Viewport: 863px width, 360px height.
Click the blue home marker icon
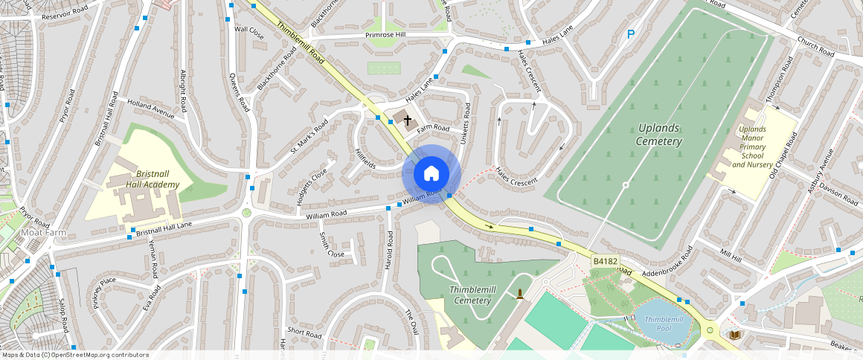click(431, 174)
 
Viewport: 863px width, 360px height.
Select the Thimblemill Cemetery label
click(471, 295)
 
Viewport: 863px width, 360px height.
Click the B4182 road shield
click(605, 261)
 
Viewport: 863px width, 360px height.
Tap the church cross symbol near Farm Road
click(407, 120)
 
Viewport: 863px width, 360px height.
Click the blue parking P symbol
click(631, 33)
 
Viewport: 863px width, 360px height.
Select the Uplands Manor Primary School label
click(752, 147)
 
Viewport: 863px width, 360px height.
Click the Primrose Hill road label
click(385, 35)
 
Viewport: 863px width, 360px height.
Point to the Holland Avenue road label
click(150, 109)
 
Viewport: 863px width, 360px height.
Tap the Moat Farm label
click(43, 233)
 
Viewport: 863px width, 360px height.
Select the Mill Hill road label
click(731, 255)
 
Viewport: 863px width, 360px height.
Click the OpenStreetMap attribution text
click(74, 355)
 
